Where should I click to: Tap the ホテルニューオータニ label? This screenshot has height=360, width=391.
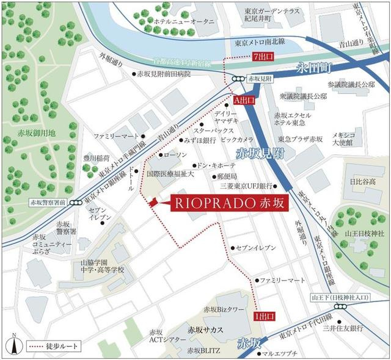click(184, 21)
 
